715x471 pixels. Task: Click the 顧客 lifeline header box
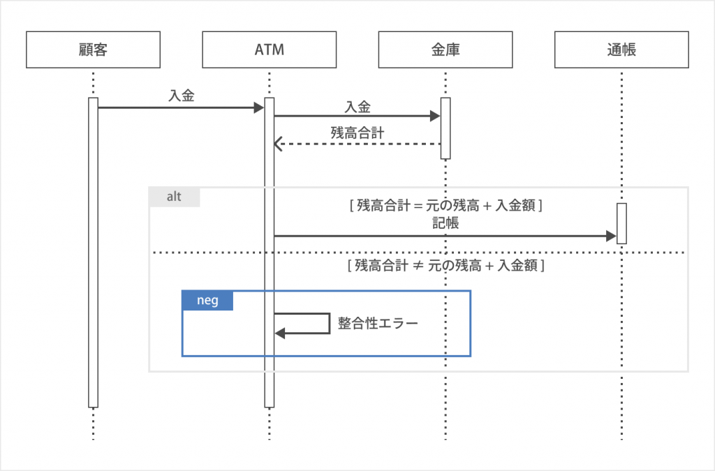[x=93, y=50]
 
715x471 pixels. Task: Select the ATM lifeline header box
[x=269, y=50]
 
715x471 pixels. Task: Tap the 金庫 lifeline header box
[x=445, y=50]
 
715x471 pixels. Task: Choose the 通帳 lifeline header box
[x=621, y=50]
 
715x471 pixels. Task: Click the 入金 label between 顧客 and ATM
[x=182, y=96]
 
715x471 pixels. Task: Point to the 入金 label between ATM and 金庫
[x=357, y=106]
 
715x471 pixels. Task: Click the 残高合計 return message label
[x=357, y=133]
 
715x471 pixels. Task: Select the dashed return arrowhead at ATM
[x=277, y=144]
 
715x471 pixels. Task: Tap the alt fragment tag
[x=175, y=197]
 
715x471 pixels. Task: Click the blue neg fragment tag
[x=207, y=300]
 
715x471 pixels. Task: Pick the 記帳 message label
[x=445, y=225]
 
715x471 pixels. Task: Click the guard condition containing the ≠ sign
[x=445, y=265]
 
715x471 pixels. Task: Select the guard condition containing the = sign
[x=445, y=206]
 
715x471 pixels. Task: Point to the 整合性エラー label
[x=377, y=324]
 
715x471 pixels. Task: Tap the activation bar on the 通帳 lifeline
[x=621, y=223]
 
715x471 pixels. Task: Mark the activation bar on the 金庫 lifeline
[x=445, y=128]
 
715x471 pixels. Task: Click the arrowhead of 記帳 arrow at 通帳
[x=611, y=237]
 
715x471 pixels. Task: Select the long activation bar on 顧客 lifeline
[x=93, y=251]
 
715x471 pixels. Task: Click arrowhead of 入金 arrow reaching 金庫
[x=435, y=117]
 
